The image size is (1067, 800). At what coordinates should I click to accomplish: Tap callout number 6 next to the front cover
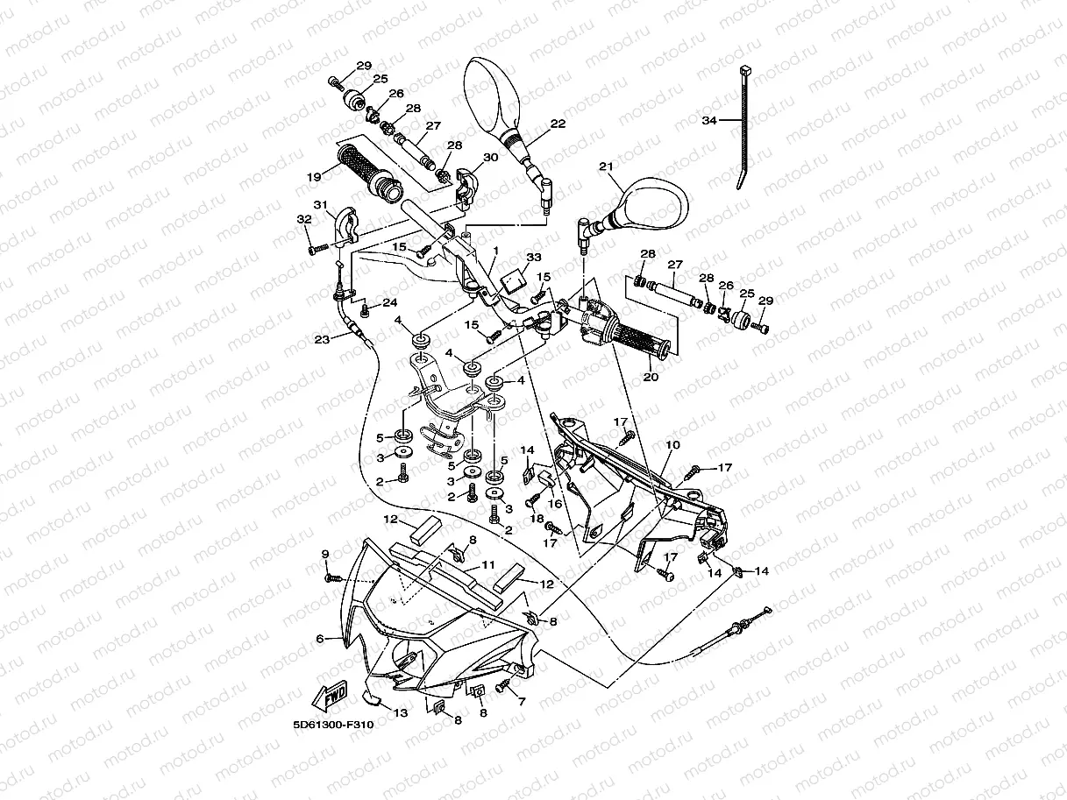pyautogui.click(x=321, y=639)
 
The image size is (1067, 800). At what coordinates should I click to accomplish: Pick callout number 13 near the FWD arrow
pyautogui.click(x=400, y=713)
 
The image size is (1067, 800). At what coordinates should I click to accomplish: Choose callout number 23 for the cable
pyautogui.click(x=323, y=338)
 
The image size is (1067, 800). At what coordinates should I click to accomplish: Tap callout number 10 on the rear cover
pyautogui.click(x=672, y=445)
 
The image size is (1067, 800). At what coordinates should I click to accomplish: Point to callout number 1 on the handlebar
pyautogui.click(x=495, y=250)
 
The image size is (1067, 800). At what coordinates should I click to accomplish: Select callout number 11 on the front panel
pyautogui.click(x=487, y=564)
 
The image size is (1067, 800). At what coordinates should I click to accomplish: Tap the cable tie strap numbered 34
pyautogui.click(x=743, y=131)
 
